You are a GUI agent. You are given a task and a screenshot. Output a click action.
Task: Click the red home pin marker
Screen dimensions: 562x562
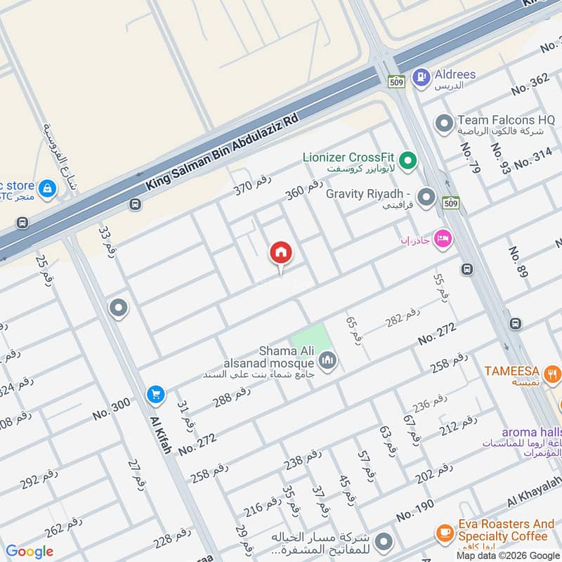(x=281, y=253)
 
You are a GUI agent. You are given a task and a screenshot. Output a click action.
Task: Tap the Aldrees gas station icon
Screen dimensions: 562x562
(x=421, y=77)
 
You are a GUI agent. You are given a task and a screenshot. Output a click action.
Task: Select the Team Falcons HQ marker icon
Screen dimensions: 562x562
(x=443, y=124)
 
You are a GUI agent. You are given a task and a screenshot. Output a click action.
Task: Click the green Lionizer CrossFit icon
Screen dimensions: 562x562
(x=408, y=162)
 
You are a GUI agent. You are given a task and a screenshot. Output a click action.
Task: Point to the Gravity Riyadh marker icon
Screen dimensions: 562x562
(x=426, y=197)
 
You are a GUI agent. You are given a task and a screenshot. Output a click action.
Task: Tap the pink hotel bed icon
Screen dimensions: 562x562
(x=443, y=240)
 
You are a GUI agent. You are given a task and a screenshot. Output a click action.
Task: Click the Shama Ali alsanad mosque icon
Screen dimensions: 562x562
(x=327, y=361)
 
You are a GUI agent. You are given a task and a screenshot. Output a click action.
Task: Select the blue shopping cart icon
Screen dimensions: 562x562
(x=156, y=395)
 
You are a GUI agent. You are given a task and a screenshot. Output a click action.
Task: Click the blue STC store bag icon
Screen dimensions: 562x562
(x=47, y=188)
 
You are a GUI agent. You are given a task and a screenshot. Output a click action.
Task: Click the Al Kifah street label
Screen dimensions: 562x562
(x=161, y=433)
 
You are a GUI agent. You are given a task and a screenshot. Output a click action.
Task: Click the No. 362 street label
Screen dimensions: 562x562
(x=530, y=84)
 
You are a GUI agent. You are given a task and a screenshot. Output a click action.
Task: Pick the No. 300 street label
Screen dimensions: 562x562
(x=111, y=409)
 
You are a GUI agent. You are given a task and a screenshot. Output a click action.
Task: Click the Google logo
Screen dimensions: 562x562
(x=30, y=551)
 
